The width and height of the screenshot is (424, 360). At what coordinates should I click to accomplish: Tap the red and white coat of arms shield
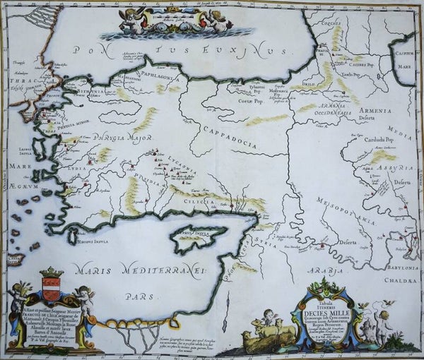tap(50, 290)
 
